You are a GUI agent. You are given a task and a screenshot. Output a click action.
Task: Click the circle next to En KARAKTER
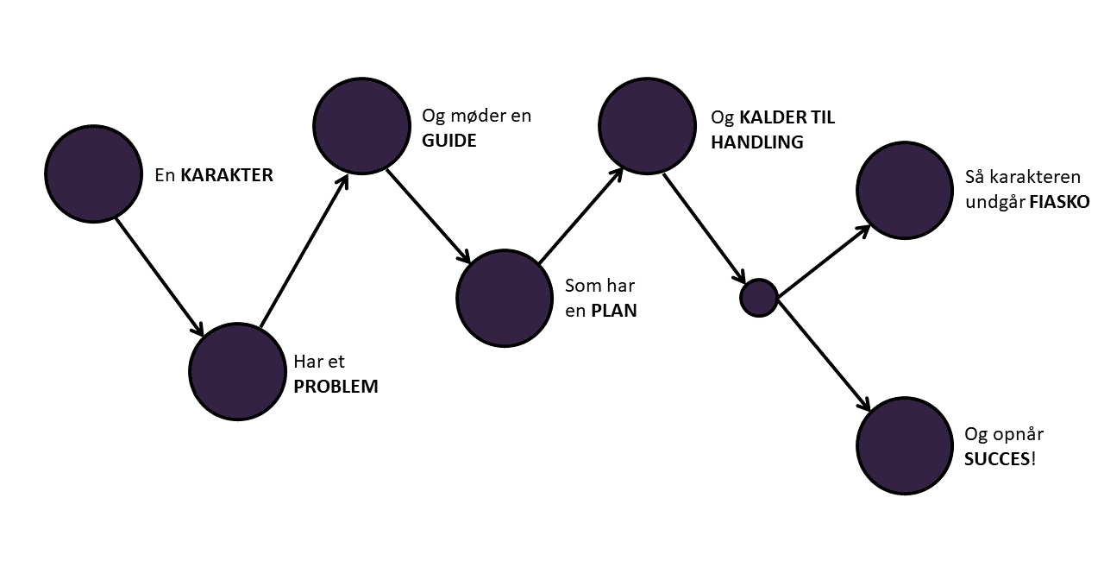tap(93, 173)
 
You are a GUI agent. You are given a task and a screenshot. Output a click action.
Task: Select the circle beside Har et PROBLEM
tap(237, 371)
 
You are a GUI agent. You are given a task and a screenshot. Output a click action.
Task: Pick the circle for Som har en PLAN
tap(505, 298)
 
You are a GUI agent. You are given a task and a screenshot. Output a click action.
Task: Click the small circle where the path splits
tap(759, 298)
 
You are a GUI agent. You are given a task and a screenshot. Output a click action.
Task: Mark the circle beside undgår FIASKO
tap(904, 190)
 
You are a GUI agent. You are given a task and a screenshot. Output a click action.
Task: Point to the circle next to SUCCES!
tap(904, 446)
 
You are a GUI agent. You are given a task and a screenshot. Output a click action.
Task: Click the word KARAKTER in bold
tap(227, 175)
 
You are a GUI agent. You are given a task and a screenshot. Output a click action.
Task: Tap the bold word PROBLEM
tap(336, 386)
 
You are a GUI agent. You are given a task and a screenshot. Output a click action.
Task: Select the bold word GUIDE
tap(448, 140)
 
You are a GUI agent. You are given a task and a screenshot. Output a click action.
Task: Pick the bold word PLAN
tap(613, 311)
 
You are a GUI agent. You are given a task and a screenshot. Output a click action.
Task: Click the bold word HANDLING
tap(756, 142)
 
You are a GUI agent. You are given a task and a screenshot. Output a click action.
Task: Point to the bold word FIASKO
tap(1059, 201)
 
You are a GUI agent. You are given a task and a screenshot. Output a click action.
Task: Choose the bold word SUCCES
tap(997, 458)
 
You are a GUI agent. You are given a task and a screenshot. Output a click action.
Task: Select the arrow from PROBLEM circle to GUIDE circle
tap(304, 252)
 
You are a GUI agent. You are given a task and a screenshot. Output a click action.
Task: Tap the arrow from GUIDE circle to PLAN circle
tap(428, 216)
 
